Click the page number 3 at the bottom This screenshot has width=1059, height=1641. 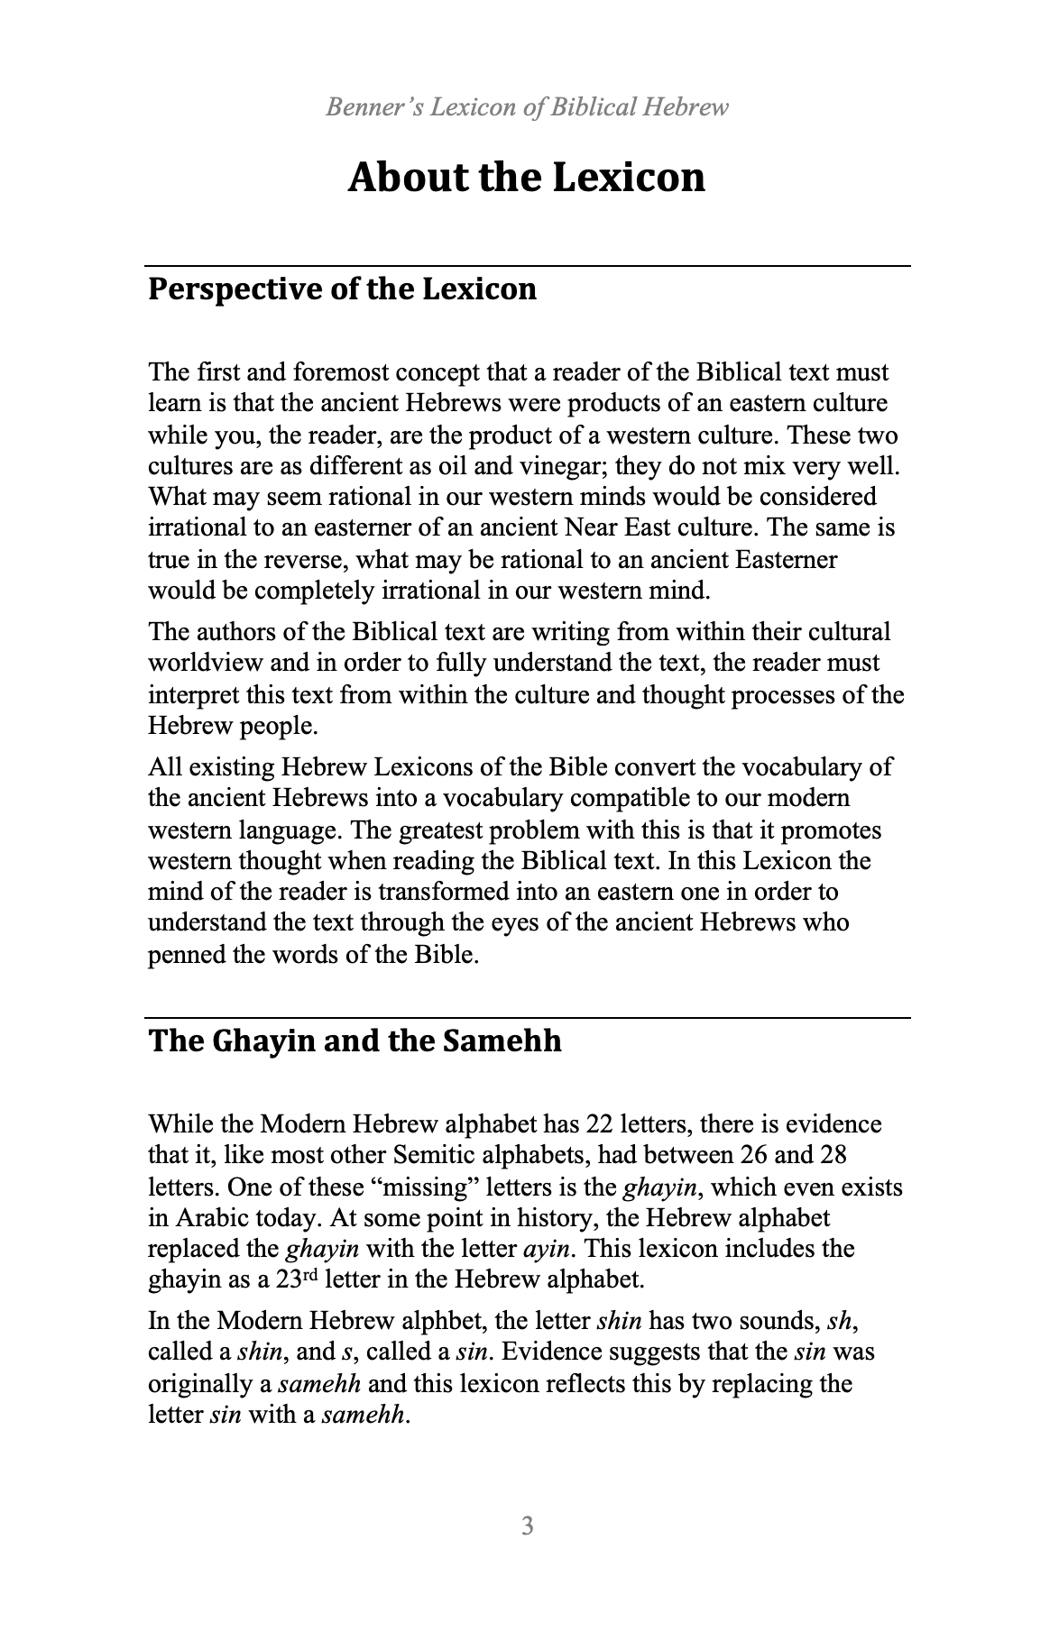[528, 1526]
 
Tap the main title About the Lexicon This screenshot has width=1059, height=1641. [527, 177]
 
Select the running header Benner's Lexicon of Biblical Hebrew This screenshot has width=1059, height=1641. [527, 108]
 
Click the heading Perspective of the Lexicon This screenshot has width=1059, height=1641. [342, 289]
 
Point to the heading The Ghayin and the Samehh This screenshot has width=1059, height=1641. [355, 1041]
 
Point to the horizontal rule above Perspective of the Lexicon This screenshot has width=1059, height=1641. [529, 266]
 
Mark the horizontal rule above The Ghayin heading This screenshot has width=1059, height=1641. [529, 1018]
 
